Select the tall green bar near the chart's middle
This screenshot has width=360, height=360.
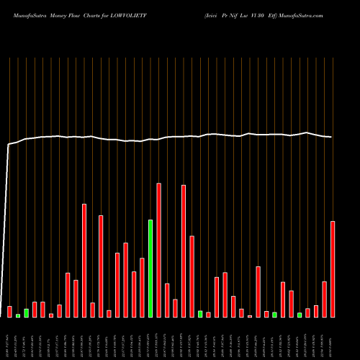point(150,268)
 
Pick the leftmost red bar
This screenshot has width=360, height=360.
point(9,311)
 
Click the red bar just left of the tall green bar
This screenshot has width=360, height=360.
point(142,287)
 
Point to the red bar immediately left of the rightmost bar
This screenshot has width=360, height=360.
point(324,299)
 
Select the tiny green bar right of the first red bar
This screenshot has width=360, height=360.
point(18,315)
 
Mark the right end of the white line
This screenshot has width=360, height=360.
point(332,137)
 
